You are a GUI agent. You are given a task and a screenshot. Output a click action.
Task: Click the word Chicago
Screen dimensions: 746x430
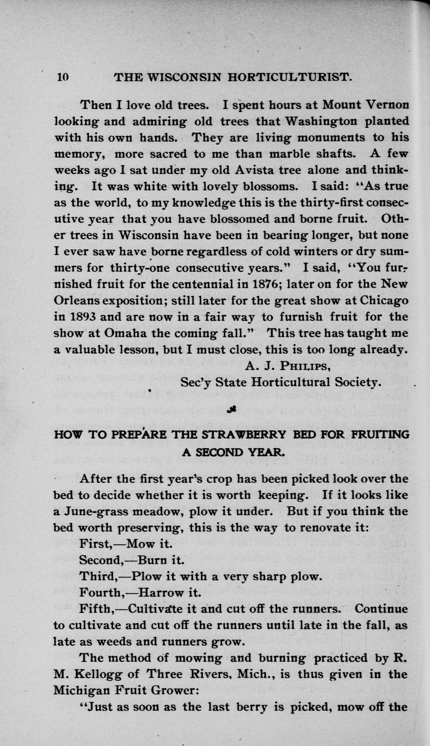pyautogui.click(x=384, y=300)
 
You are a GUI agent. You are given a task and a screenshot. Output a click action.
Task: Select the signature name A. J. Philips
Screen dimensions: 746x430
pyautogui.click(x=287, y=366)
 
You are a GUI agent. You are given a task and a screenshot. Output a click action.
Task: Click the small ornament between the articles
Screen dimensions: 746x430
pyautogui.click(x=231, y=410)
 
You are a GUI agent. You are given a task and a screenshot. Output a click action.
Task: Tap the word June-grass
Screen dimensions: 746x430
pyautogui.click(x=96, y=511)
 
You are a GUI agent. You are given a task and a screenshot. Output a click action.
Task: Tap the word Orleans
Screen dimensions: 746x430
pyautogui.click(x=76, y=300)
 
